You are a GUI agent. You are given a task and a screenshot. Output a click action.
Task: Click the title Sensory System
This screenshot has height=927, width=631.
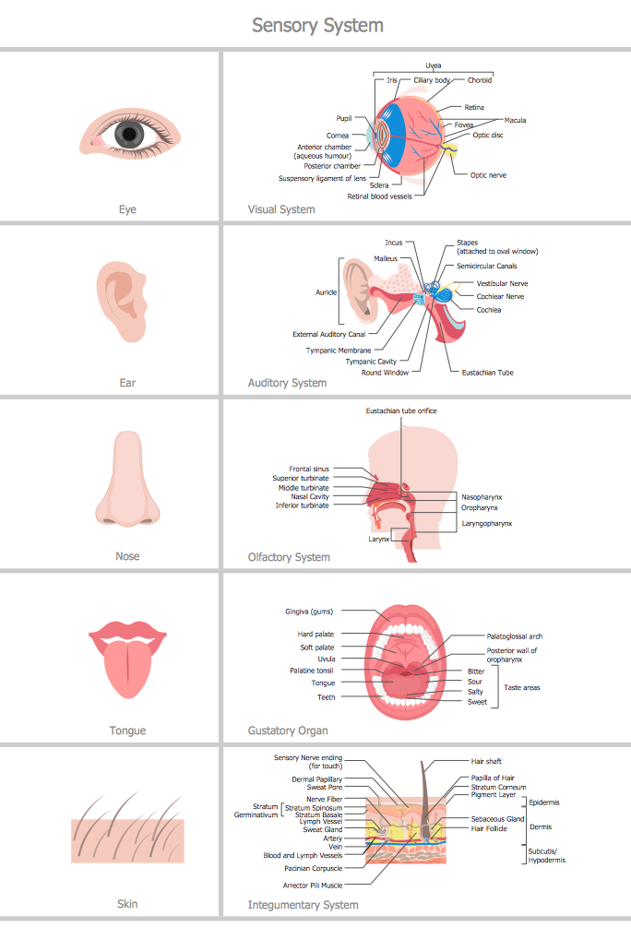pyautogui.click(x=317, y=26)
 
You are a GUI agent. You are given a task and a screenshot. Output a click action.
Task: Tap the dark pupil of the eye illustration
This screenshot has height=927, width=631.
pyautogui.click(x=129, y=134)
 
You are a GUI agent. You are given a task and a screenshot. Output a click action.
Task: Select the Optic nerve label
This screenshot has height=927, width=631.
pyautogui.click(x=488, y=175)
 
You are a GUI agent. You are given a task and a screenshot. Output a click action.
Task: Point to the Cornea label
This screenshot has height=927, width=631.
pyautogui.click(x=337, y=136)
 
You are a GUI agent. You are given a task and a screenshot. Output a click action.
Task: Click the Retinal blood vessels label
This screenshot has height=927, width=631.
pyautogui.click(x=380, y=196)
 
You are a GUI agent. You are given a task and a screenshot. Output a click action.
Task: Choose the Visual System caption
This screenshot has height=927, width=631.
pyautogui.click(x=281, y=209)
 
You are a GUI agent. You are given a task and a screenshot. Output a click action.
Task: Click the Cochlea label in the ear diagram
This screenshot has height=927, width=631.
pyautogui.click(x=489, y=310)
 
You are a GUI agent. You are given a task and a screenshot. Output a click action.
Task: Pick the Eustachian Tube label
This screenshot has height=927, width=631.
pyautogui.click(x=487, y=373)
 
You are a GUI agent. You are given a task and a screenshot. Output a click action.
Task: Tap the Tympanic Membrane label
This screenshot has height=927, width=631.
pyautogui.click(x=339, y=351)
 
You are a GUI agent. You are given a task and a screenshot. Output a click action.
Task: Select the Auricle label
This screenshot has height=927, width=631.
pyautogui.click(x=326, y=292)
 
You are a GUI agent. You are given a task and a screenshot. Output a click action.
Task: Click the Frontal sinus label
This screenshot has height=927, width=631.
pyautogui.click(x=309, y=469)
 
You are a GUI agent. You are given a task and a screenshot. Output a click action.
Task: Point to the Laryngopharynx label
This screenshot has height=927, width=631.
pyautogui.click(x=487, y=524)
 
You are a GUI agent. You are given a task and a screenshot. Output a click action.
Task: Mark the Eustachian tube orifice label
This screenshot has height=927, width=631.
pyautogui.click(x=401, y=410)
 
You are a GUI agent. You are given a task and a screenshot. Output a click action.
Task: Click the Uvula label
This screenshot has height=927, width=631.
pyautogui.click(x=327, y=659)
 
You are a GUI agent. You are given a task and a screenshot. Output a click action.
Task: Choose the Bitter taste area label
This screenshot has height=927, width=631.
pyautogui.click(x=476, y=671)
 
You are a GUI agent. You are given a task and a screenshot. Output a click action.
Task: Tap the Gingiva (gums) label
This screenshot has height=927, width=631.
pyautogui.click(x=309, y=612)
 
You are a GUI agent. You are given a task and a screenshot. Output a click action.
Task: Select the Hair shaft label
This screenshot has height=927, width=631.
pyautogui.click(x=486, y=762)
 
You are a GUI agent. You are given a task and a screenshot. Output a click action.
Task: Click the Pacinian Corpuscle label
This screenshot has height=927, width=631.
pyautogui.click(x=314, y=869)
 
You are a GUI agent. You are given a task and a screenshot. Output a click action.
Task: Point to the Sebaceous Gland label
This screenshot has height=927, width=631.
pyautogui.click(x=497, y=819)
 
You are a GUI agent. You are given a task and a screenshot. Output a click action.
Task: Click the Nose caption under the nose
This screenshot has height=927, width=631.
pyautogui.click(x=127, y=556)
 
